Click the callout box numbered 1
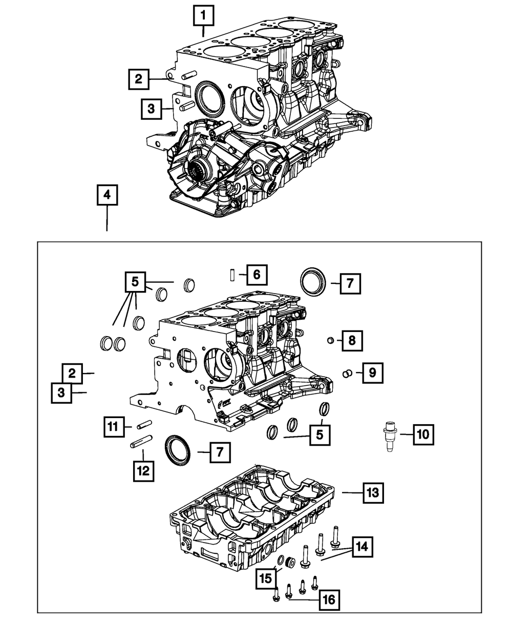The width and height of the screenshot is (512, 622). (x=203, y=16)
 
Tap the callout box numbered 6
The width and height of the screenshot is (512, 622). (x=256, y=275)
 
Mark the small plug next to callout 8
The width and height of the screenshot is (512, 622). (x=331, y=340)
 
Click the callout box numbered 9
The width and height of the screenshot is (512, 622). (x=372, y=372)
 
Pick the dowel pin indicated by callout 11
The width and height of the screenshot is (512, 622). (x=143, y=424)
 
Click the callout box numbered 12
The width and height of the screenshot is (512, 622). (x=143, y=470)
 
